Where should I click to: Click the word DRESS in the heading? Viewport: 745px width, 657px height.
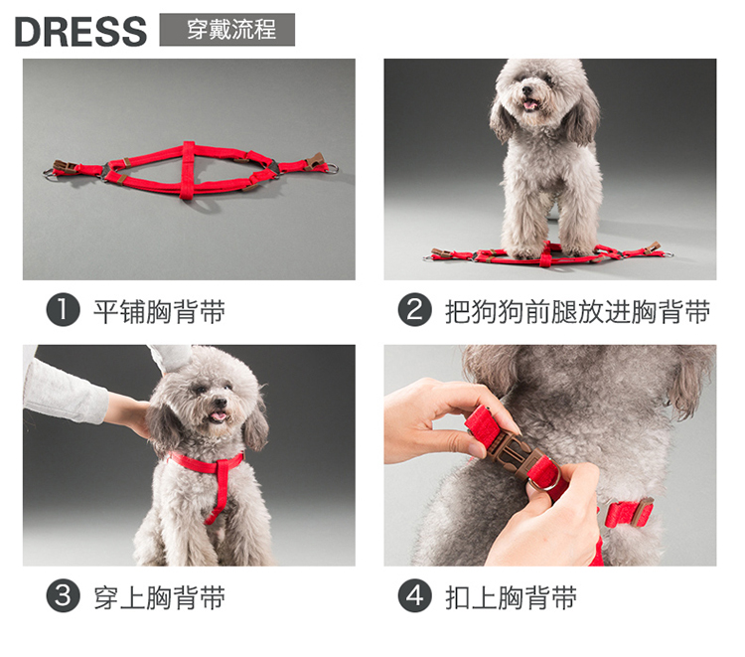(80, 32)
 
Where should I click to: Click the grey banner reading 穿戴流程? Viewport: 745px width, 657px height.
(227, 30)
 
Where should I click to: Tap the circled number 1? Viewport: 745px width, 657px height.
(63, 309)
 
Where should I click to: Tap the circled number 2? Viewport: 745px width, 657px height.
(414, 309)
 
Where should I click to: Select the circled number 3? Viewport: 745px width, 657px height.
(63, 595)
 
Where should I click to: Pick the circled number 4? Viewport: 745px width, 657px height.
(414, 595)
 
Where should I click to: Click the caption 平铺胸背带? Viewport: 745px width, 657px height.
(159, 311)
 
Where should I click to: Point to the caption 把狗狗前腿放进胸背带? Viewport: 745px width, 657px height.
(577, 311)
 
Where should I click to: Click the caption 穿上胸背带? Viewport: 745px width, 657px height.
(159, 597)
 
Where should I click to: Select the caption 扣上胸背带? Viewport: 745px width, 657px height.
(511, 597)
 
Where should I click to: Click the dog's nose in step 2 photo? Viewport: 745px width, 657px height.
(526, 90)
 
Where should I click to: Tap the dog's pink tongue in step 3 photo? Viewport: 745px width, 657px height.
(219, 416)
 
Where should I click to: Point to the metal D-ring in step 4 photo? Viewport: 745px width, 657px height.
(544, 477)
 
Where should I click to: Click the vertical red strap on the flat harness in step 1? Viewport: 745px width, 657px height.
(187, 170)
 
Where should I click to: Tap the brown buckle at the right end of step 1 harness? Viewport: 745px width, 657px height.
(315, 160)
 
